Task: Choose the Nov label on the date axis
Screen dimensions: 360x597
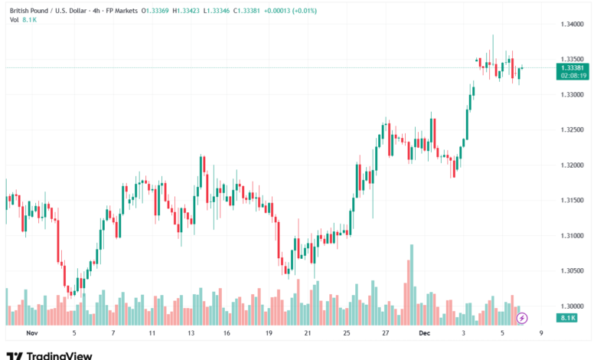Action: pyautogui.click(x=31, y=333)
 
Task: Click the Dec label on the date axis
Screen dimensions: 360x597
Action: pyautogui.click(x=424, y=333)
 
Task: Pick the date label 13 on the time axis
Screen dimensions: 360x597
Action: pyautogui.click(x=191, y=333)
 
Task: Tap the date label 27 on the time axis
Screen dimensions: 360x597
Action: pyautogui.click(x=385, y=333)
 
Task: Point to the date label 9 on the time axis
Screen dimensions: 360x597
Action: pyautogui.click(x=541, y=333)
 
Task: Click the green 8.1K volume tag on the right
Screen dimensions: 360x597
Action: pyautogui.click(x=568, y=317)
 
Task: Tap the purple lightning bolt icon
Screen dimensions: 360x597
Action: pyautogui.click(x=522, y=318)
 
